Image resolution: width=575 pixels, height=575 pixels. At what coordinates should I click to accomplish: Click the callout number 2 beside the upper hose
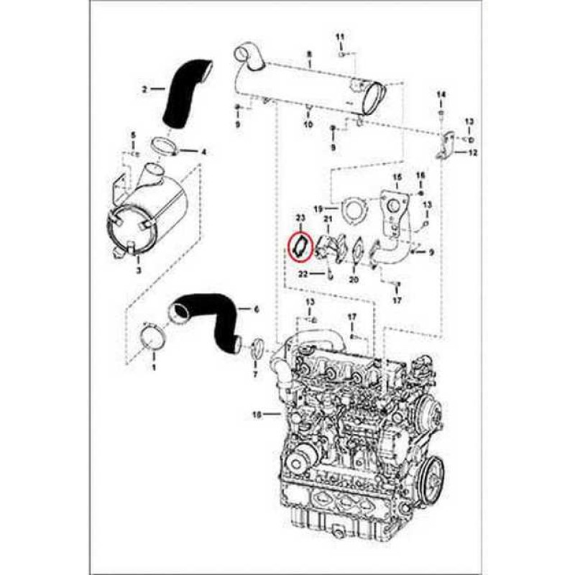click(144, 90)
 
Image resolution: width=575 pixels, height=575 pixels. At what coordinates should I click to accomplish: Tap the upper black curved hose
click(183, 97)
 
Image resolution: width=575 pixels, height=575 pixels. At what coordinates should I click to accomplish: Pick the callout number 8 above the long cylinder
click(309, 55)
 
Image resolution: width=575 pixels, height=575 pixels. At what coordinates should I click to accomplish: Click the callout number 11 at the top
click(341, 36)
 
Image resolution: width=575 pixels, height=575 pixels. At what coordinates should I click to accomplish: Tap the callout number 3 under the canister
click(139, 270)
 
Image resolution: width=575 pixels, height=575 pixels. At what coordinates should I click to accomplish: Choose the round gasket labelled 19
click(351, 209)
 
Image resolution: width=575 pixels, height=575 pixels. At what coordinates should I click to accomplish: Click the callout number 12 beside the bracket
click(472, 153)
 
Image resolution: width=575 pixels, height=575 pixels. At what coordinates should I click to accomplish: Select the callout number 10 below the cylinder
click(308, 124)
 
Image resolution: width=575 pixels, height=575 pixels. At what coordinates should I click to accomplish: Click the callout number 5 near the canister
click(132, 135)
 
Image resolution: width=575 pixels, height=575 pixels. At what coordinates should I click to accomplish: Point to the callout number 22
click(303, 274)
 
